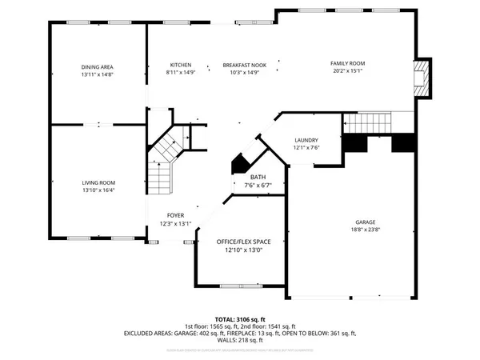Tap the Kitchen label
point(181,66)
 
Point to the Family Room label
point(348,62)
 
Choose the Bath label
point(258,178)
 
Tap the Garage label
point(366,222)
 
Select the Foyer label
point(176,215)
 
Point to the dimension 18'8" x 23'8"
point(366,230)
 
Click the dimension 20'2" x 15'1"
point(348,70)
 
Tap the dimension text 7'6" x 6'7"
point(258,186)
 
